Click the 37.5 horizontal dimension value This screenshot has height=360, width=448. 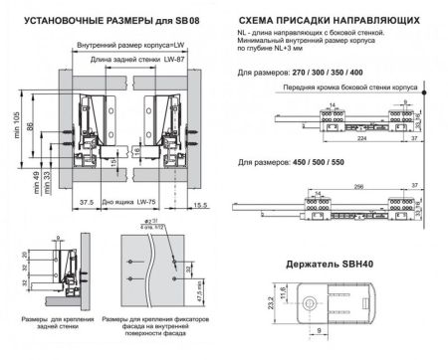pyautogui.click(x=87, y=203)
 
